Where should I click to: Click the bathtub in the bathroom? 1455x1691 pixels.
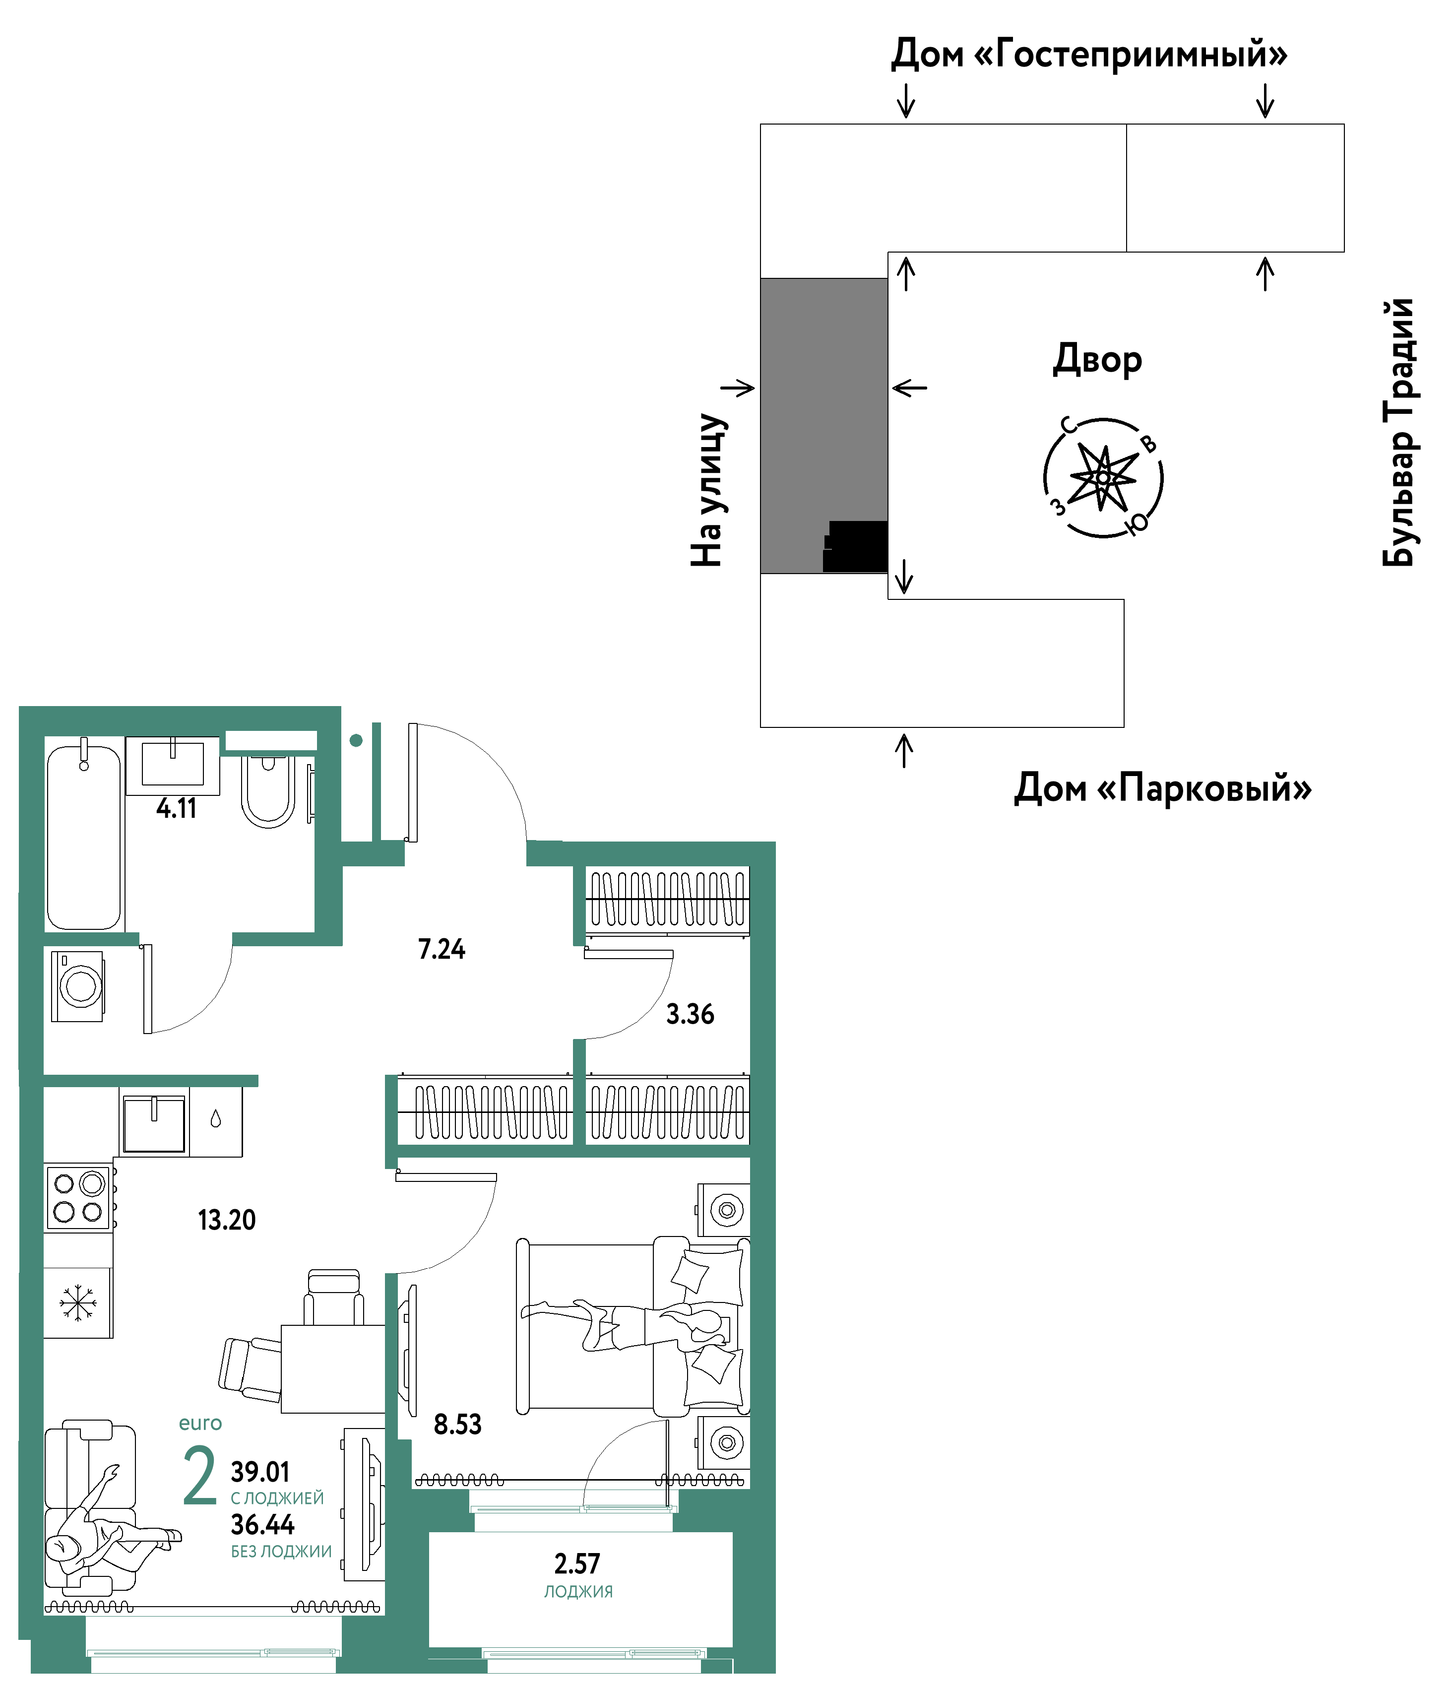[x=84, y=836]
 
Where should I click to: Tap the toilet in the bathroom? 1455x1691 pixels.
[x=268, y=790]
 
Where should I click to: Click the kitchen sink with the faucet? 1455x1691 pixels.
[x=154, y=1123]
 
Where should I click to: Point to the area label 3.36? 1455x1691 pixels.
[x=691, y=1014]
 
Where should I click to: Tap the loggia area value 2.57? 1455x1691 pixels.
[x=577, y=1563]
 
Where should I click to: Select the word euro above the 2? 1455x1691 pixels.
[x=200, y=1424]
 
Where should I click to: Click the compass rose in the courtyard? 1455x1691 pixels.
[x=1103, y=477]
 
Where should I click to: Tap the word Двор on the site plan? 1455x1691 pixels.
[x=1097, y=360]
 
